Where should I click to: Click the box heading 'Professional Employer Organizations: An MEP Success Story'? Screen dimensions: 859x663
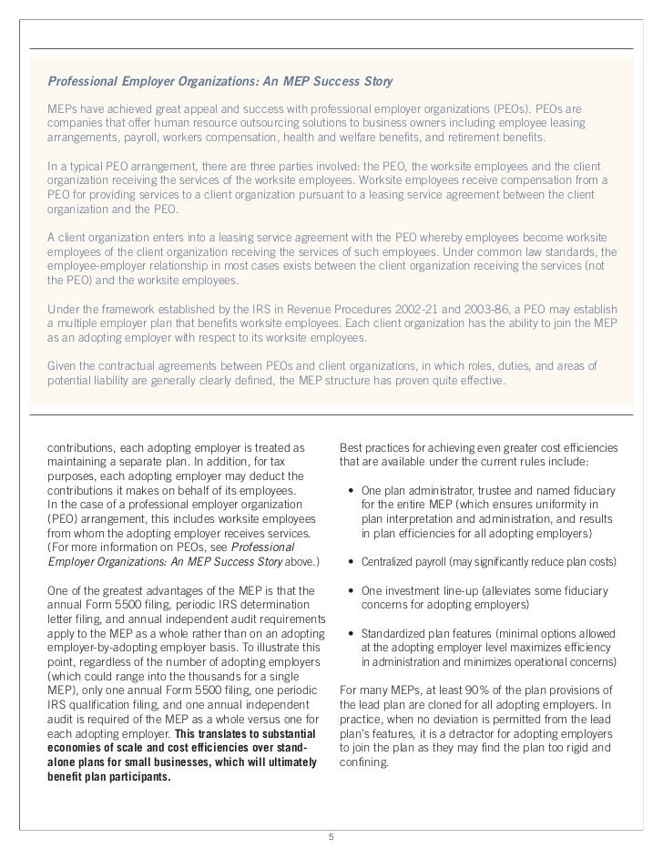tap(219, 83)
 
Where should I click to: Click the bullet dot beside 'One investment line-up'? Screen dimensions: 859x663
tap(352, 590)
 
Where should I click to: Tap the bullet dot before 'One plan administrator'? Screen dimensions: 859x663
tap(352, 491)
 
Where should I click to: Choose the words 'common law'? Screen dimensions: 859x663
tap(511, 251)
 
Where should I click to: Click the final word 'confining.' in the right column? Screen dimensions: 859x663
tap(363, 764)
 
